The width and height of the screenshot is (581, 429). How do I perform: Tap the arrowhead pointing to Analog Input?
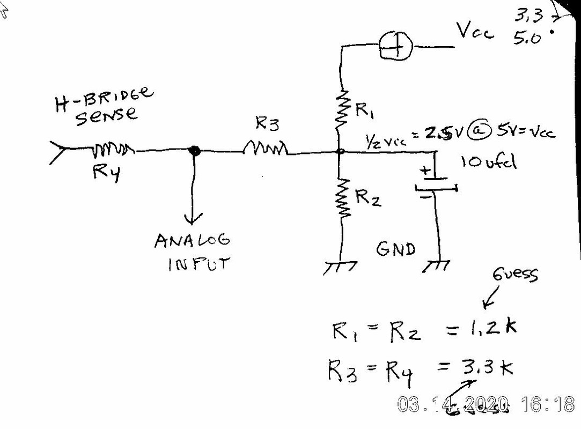194,217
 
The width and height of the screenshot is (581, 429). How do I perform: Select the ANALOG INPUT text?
193,252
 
